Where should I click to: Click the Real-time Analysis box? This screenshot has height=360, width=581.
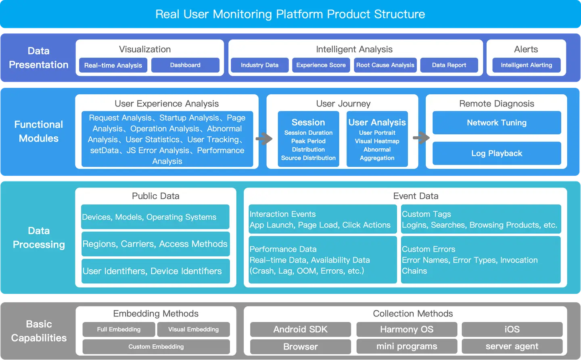[x=113, y=65]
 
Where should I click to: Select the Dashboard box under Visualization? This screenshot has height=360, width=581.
[x=185, y=65]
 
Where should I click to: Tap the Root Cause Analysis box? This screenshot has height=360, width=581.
[x=385, y=65]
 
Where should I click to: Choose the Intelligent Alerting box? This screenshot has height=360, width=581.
[x=526, y=65]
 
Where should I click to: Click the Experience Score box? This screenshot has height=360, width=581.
[x=321, y=65]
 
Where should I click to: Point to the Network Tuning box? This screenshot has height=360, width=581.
[x=497, y=123]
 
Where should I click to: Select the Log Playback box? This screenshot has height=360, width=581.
[x=497, y=154]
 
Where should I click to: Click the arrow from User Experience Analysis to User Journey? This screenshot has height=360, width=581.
[x=264, y=139]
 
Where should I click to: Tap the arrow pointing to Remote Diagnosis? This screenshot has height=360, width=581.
[x=421, y=138]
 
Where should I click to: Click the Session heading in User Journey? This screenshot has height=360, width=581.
[x=308, y=123]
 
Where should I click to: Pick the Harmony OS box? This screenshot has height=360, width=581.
[x=407, y=329]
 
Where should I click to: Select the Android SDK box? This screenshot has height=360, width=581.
[x=300, y=329]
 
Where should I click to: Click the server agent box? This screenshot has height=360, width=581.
[x=512, y=346]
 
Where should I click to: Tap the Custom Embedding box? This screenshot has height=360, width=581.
[x=156, y=347]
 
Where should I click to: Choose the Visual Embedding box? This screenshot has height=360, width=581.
[x=193, y=329]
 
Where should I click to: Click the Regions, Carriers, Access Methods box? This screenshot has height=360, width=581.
[x=155, y=244]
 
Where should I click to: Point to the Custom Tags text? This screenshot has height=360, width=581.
[x=426, y=214]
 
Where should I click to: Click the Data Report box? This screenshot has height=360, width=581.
[x=449, y=65]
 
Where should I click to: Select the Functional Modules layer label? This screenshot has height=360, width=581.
[x=39, y=131]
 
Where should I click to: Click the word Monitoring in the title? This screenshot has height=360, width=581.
[x=242, y=14]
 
